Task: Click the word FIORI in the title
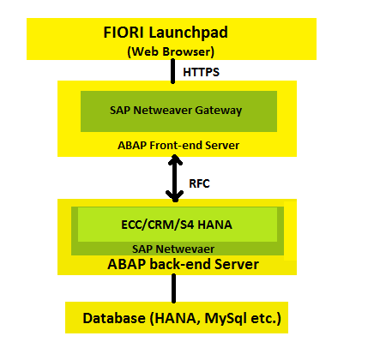(124, 33)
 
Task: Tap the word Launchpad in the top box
(188, 33)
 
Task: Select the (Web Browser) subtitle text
(171, 51)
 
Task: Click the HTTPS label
(201, 72)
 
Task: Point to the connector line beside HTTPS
(172, 71)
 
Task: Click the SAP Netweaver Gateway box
(178, 111)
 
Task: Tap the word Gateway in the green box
(219, 111)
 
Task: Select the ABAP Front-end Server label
(178, 146)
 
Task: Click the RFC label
(199, 183)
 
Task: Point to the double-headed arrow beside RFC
(175, 178)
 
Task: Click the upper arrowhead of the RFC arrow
(175, 159)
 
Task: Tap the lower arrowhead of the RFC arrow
(175, 196)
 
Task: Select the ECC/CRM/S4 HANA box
(178, 225)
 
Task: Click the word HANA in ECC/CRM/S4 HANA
(214, 225)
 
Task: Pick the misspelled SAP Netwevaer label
(173, 249)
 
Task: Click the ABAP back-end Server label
(183, 264)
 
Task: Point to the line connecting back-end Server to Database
(173, 288)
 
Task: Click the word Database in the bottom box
(114, 318)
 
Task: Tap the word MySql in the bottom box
(226, 319)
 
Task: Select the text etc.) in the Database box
(266, 319)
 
